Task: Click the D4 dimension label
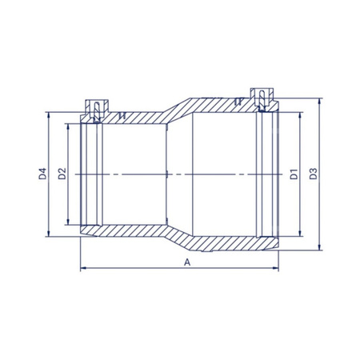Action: (42, 174)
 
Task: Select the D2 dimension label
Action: (62, 174)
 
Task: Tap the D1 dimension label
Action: (294, 174)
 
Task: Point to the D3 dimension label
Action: (314, 174)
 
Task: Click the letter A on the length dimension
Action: (187, 262)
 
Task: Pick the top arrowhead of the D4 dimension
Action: (48, 115)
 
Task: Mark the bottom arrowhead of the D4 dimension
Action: (48, 234)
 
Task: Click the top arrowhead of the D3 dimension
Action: (320, 101)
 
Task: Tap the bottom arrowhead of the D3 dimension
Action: (320, 247)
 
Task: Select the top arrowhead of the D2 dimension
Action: (68, 126)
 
